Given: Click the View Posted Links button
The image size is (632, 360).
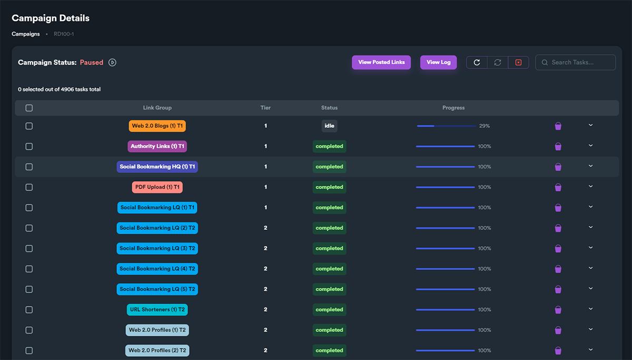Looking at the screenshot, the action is point(381,62).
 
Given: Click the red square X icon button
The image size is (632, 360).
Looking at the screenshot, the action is point(518,62).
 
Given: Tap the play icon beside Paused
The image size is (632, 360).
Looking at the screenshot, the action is point(112,62).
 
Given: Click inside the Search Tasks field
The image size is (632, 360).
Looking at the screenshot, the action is point(576,62).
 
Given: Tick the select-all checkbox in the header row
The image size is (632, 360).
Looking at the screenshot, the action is point(29,108).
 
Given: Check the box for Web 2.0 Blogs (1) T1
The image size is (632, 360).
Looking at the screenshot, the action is point(29,126).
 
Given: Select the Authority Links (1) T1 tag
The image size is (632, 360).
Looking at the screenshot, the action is point(157,146).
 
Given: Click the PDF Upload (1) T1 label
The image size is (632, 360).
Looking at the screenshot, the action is point(157,187).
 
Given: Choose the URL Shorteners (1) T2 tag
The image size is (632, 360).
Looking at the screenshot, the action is point(157,309).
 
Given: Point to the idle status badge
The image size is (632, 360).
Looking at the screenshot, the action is point(329,126).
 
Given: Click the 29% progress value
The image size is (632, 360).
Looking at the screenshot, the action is point(485,126).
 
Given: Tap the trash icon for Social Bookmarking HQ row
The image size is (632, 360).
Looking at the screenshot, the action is point(558,167).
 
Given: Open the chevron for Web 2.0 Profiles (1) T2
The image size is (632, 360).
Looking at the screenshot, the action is point(590,329).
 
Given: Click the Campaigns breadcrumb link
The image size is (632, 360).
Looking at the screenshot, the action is point(26,34).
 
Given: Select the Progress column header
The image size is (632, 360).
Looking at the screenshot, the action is point(453,108).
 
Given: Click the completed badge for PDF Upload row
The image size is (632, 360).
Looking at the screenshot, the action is point(329,187).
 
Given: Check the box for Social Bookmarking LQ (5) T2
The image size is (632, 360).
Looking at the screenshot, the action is point(29,289).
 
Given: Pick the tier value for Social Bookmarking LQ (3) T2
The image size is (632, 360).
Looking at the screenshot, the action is point(265,248).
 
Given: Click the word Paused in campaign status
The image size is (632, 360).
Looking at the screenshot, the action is point(92,62).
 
